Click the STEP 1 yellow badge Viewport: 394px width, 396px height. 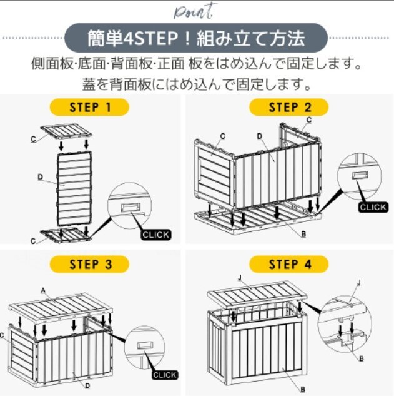pyautogui.click(x=89, y=107)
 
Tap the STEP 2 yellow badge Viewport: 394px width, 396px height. pyautogui.click(x=289, y=107)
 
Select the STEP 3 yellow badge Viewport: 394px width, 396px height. pyautogui.click(x=89, y=264)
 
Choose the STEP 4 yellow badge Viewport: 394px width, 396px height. pyautogui.click(x=289, y=264)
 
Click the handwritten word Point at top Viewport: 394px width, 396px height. pyautogui.click(x=195, y=12)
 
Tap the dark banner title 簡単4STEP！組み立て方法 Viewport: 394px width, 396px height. pyautogui.click(x=196, y=38)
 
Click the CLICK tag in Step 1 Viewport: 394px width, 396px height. pyautogui.click(x=155, y=235)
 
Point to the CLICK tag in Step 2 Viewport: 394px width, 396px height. pyautogui.click(x=373, y=207)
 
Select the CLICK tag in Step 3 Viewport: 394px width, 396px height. pyautogui.click(x=165, y=375)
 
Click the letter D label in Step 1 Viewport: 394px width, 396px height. pyautogui.click(x=40, y=177)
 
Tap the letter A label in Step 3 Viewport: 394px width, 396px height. pyautogui.click(x=43, y=290)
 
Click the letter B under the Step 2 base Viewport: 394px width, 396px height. pyautogui.click(x=303, y=234)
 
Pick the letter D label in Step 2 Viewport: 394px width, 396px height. pyautogui.click(x=259, y=136)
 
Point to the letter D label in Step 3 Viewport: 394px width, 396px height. pyautogui.click(x=87, y=385)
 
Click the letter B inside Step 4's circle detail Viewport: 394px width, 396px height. pyautogui.click(x=362, y=358)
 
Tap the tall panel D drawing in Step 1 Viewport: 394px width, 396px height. pyautogui.click(x=74, y=188)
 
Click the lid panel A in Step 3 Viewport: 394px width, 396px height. pyautogui.click(x=61, y=308)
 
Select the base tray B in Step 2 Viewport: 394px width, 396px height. pyautogui.click(x=258, y=218)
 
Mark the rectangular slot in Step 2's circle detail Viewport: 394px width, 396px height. pyautogui.click(x=360, y=175)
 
